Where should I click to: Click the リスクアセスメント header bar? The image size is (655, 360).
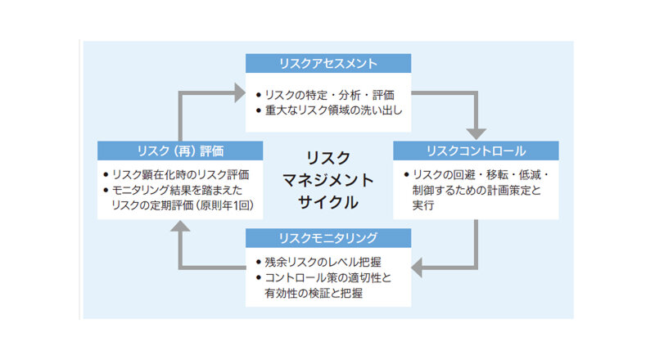327,63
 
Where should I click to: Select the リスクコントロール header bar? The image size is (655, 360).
476,151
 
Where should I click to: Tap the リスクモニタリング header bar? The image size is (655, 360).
327,238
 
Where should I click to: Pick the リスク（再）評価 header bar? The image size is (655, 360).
180,151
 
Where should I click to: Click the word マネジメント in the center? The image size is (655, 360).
327,178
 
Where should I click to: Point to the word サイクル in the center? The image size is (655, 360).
327,200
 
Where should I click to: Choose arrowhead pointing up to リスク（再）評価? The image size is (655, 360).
180,227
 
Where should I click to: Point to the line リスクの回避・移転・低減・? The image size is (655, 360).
476,175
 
